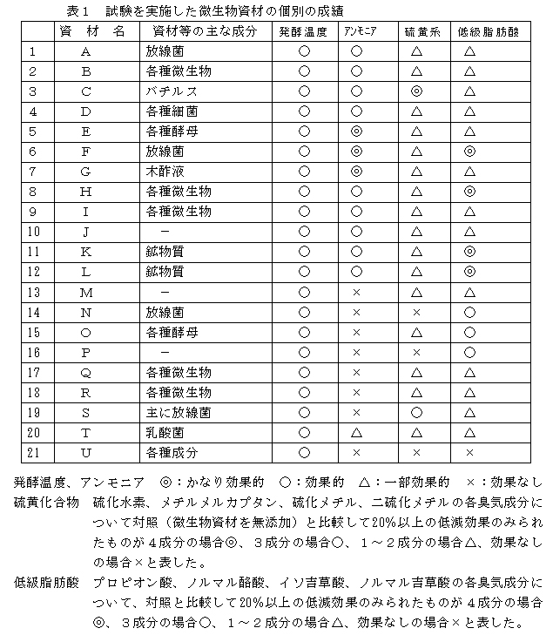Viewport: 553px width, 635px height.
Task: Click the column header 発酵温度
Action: (303, 31)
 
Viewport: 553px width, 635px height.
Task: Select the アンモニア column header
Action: (356, 31)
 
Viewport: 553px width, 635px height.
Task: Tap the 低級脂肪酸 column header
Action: (469, 31)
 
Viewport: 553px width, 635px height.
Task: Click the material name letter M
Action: (85, 292)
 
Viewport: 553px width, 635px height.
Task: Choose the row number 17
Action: (34, 372)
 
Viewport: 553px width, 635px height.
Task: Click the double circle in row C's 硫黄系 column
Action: (416, 91)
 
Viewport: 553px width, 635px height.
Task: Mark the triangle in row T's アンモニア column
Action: (356, 432)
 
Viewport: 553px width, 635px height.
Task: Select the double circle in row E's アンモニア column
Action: (356, 131)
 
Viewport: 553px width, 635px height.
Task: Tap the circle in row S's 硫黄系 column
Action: (416, 412)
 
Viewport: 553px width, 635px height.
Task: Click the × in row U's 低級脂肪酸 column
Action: (469, 452)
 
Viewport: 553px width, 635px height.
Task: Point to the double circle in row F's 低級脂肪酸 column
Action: (469, 151)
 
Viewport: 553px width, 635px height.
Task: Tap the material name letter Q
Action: (85, 372)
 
